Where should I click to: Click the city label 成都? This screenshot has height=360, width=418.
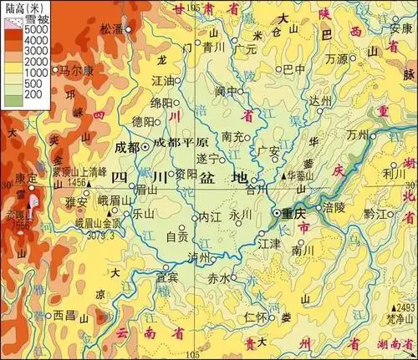(127, 147)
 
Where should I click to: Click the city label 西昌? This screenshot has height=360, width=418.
(64, 316)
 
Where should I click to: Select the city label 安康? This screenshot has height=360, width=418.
(401, 28)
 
